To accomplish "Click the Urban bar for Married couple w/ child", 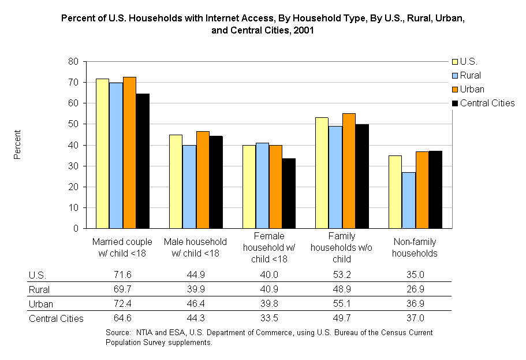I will pos(129,153).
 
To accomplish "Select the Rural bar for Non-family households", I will pos(409,200).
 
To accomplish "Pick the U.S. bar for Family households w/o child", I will pos(322,173).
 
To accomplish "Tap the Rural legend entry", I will pos(470,75).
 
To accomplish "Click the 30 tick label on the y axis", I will pos(74,166).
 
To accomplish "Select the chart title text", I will pos(263,25).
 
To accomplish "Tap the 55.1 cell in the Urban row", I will pos(342,304).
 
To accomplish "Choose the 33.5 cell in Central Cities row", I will pos(268,318).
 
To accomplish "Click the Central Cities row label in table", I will pos(56,318).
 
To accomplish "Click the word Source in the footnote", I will pos(118,333).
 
